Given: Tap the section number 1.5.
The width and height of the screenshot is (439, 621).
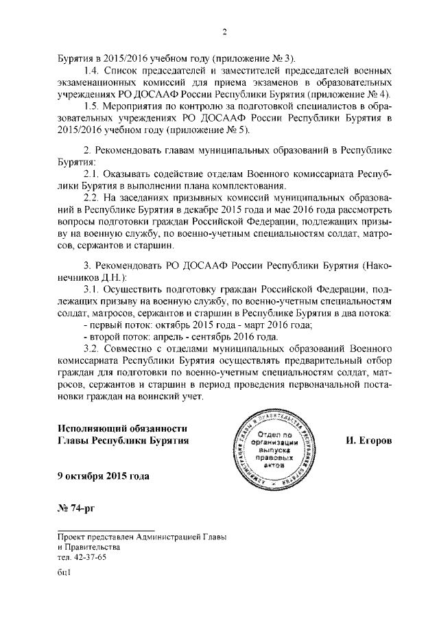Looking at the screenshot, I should click(91, 106).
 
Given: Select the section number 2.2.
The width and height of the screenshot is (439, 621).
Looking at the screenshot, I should click(91, 198).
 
